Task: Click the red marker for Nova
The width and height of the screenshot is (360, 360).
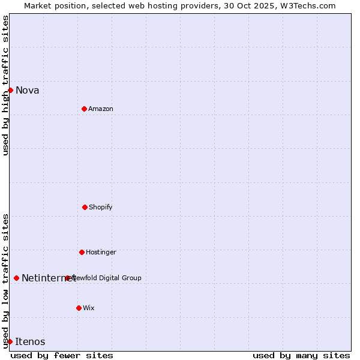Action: point(10,90)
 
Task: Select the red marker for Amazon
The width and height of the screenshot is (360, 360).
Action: point(84,109)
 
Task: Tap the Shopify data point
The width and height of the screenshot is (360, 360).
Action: point(85,207)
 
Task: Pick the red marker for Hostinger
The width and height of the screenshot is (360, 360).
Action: point(82,252)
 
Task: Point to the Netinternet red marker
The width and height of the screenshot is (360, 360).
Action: point(16,278)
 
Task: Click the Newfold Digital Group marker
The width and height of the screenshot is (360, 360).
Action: point(68,278)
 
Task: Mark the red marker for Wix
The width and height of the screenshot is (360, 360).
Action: point(79,308)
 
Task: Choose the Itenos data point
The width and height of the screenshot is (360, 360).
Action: point(10,341)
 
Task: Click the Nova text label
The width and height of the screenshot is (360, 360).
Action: point(28,91)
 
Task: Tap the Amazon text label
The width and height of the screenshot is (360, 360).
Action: point(101,109)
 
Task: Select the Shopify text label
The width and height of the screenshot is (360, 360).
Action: point(101,208)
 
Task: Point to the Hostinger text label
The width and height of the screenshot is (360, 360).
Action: point(101,253)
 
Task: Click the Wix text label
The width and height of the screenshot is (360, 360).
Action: point(89,308)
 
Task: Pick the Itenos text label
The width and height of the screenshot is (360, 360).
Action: point(30,342)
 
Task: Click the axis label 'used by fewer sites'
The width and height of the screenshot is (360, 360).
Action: point(62,355)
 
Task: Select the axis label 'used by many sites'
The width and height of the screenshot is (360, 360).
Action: point(301,355)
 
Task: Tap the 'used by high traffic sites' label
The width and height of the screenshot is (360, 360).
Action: point(5,85)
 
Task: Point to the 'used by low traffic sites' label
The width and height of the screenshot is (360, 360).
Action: point(5,280)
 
